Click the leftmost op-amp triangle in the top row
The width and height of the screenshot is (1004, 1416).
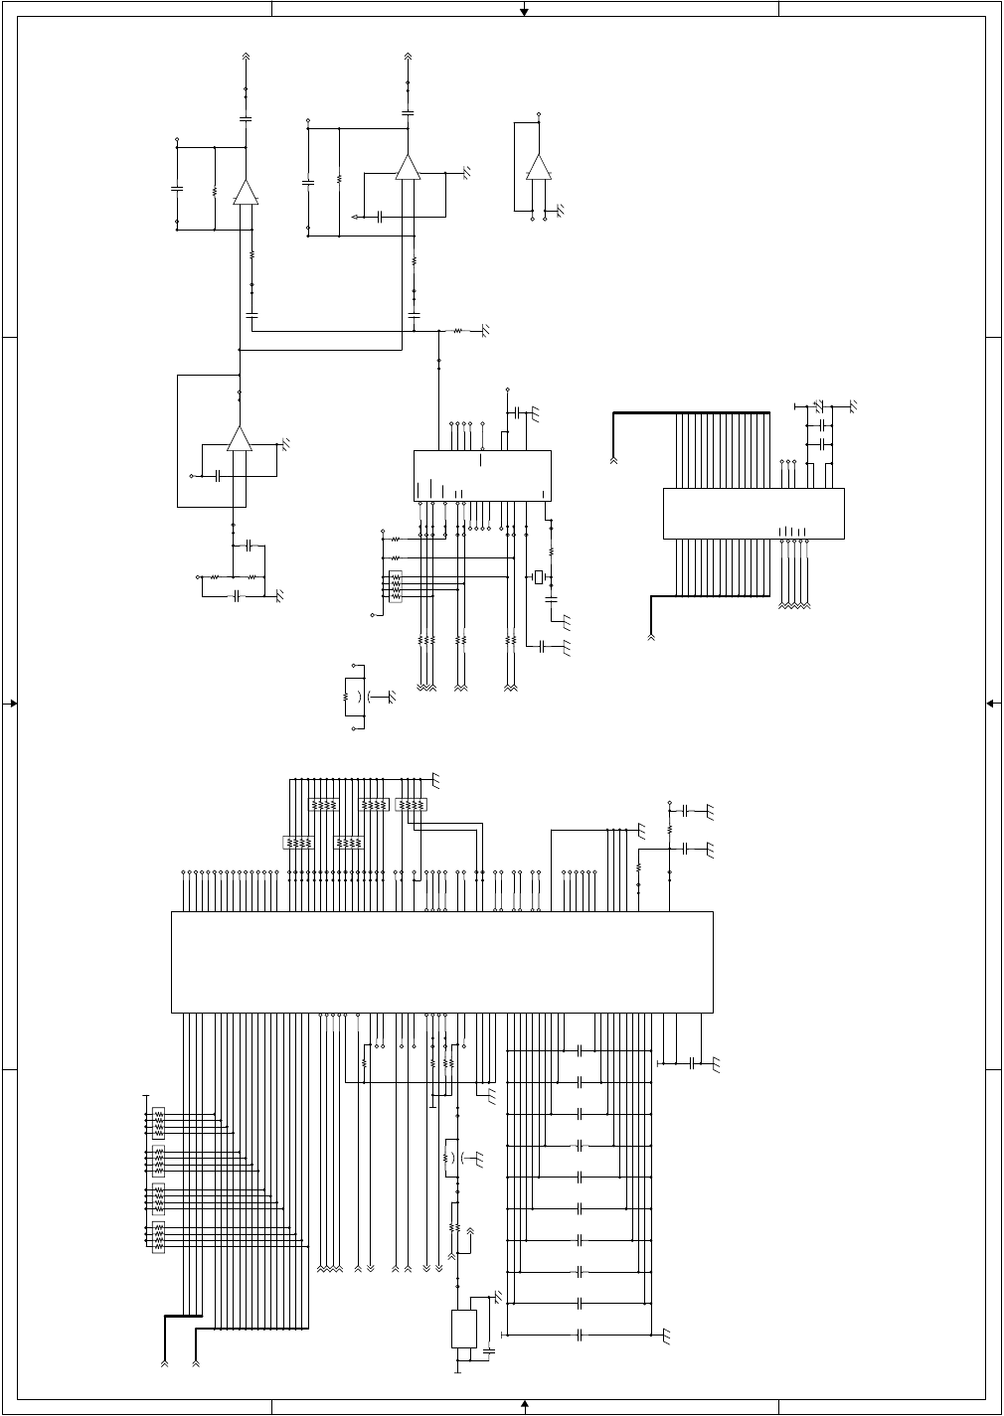point(246,192)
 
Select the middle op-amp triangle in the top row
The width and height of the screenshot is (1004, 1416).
point(408,167)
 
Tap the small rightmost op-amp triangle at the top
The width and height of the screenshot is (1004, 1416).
point(538,167)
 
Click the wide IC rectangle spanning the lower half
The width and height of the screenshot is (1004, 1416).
point(442,962)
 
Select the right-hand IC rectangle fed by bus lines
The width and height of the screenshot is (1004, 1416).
point(753,513)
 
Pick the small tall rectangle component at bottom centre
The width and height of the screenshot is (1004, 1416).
point(464,1329)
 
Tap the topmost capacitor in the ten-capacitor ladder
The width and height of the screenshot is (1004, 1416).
point(580,1049)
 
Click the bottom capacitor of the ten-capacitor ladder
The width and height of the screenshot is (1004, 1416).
point(580,1335)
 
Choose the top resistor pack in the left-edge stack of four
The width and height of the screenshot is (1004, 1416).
point(158,1121)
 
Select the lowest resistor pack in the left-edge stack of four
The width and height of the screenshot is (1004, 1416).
point(158,1237)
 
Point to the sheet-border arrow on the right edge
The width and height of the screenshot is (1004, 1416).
point(992,704)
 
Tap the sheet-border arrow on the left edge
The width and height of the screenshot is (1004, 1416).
point(12,704)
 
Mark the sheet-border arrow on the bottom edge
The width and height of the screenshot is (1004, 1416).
point(525,1404)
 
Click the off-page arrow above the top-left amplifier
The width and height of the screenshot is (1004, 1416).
point(247,58)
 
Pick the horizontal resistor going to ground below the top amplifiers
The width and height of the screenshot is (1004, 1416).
point(458,330)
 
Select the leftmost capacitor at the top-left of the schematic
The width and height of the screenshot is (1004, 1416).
point(177,188)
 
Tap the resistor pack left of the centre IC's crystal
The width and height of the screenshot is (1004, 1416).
point(396,586)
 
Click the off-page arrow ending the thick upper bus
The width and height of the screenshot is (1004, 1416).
point(614,460)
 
